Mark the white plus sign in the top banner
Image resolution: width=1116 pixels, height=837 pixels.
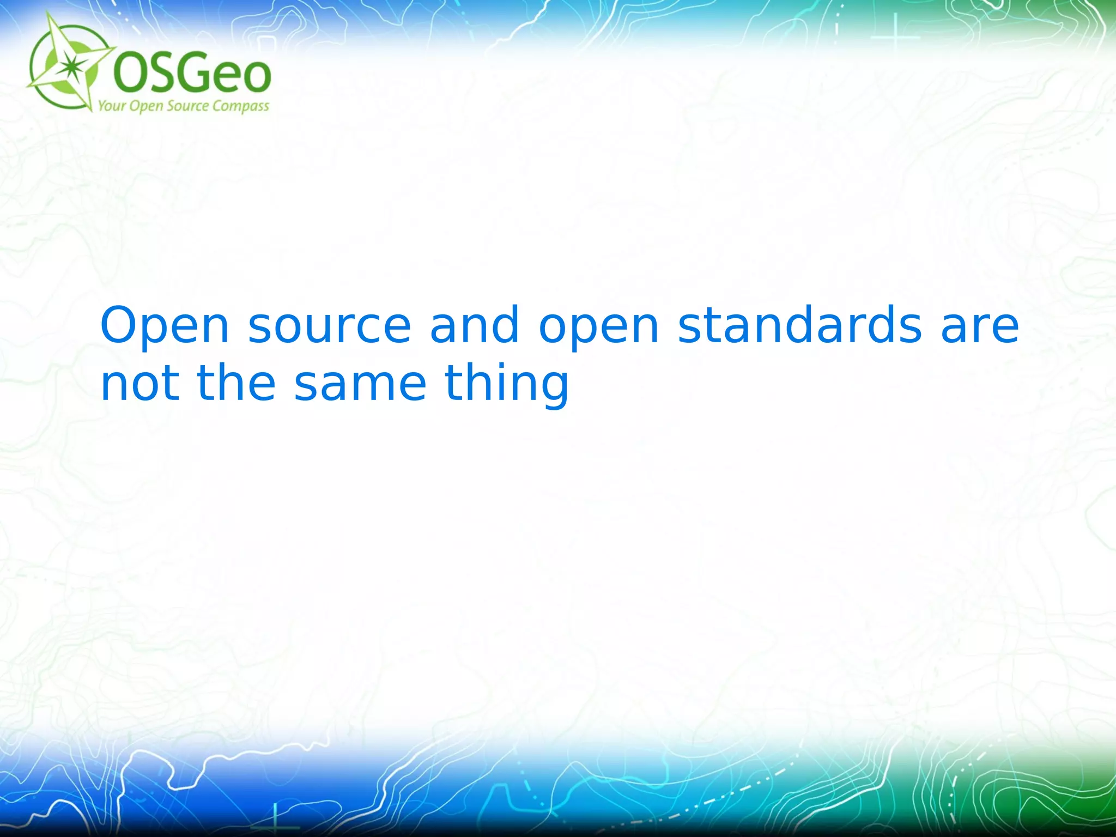click(x=895, y=37)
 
